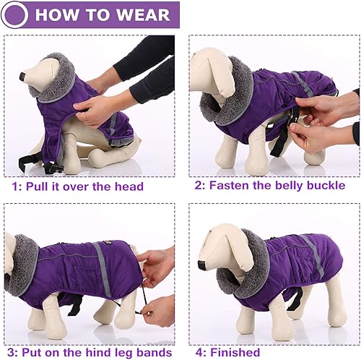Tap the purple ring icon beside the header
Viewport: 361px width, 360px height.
[x=16, y=14]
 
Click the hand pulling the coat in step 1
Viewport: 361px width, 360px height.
[x=94, y=108]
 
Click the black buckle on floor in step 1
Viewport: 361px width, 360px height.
[x=51, y=168]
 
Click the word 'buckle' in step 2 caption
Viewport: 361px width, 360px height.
[x=326, y=186]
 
